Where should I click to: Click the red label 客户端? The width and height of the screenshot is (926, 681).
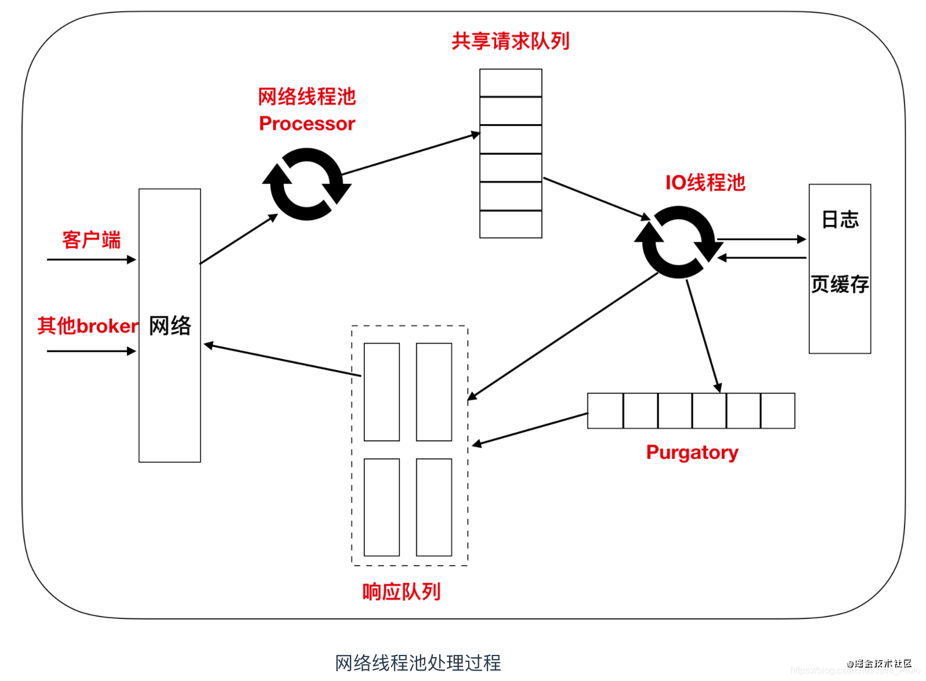[91, 240]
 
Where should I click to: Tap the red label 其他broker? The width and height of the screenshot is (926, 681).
[88, 326]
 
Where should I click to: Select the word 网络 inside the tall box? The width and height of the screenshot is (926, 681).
[170, 325]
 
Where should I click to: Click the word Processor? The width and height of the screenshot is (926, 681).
[307, 124]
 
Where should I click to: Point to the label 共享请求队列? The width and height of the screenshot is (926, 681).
[511, 41]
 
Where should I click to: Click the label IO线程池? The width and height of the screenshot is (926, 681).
[705, 183]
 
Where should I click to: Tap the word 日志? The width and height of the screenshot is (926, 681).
[840, 220]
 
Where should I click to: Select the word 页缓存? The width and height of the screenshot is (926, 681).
[840, 284]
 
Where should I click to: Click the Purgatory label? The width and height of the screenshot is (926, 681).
[692, 452]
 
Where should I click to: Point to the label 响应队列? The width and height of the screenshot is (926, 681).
[401, 592]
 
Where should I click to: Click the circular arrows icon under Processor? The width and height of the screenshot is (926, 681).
[306, 184]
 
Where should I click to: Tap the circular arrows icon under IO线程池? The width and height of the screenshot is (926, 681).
[678, 242]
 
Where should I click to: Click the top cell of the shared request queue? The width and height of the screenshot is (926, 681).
[511, 83]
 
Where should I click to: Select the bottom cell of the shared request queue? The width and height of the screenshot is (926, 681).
[511, 224]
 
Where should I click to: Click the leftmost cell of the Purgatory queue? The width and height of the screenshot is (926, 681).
[605, 411]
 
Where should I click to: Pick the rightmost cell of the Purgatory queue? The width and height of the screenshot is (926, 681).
[777, 411]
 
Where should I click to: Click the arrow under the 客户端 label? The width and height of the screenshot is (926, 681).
[91, 260]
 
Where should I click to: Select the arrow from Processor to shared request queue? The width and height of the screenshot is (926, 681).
[411, 154]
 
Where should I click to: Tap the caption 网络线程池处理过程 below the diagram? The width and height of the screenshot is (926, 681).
[418, 662]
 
